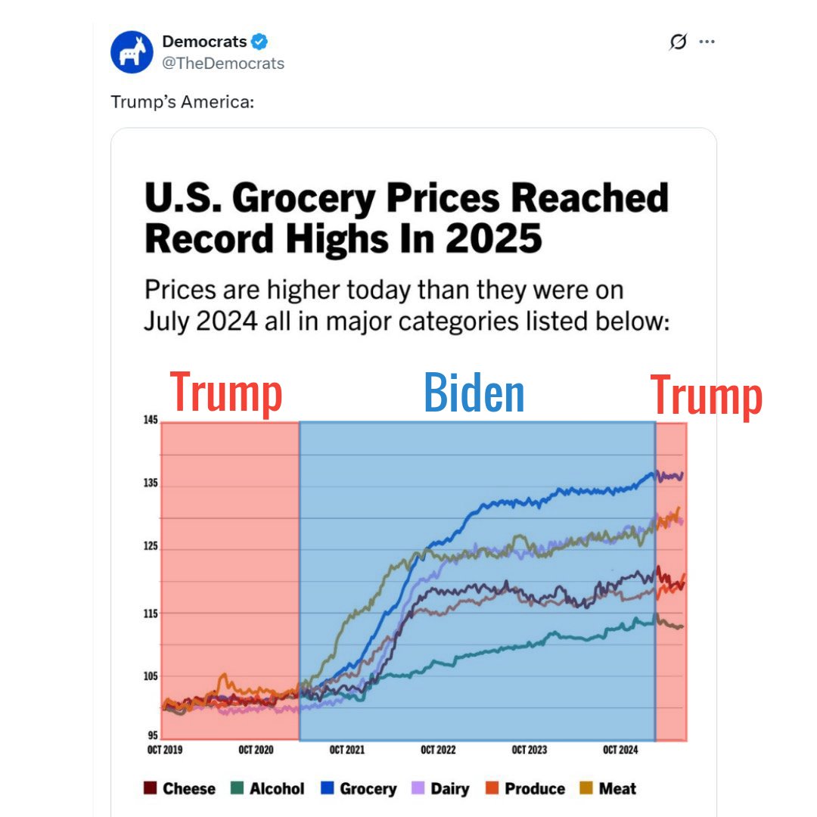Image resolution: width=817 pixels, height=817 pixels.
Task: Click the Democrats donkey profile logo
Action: (x=132, y=52)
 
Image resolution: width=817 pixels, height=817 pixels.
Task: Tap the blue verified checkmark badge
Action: (x=259, y=42)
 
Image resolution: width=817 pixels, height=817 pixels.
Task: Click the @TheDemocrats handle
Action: (x=223, y=64)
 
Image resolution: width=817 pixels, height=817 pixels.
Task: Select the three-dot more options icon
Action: (x=707, y=42)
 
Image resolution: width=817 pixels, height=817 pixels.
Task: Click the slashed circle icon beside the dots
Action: (x=679, y=42)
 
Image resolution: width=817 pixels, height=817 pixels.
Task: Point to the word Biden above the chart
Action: (x=474, y=393)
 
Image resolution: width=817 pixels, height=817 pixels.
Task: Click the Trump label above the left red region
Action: (x=226, y=393)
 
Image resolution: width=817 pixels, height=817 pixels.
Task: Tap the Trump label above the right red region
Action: (x=707, y=396)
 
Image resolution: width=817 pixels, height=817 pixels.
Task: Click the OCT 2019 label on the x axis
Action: (x=165, y=750)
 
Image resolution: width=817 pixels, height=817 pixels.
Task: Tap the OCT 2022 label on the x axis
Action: (x=438, y=750)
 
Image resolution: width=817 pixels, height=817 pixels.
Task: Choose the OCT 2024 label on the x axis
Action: (x=620, y=750)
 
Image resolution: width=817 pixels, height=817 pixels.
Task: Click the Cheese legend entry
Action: (x=180, y=788)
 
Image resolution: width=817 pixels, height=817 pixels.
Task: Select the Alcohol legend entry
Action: (x=269, y=788)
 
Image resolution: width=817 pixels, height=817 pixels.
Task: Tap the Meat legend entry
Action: (x=609, y=788)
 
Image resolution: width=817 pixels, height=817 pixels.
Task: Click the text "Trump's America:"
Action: (x=182, y=101)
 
